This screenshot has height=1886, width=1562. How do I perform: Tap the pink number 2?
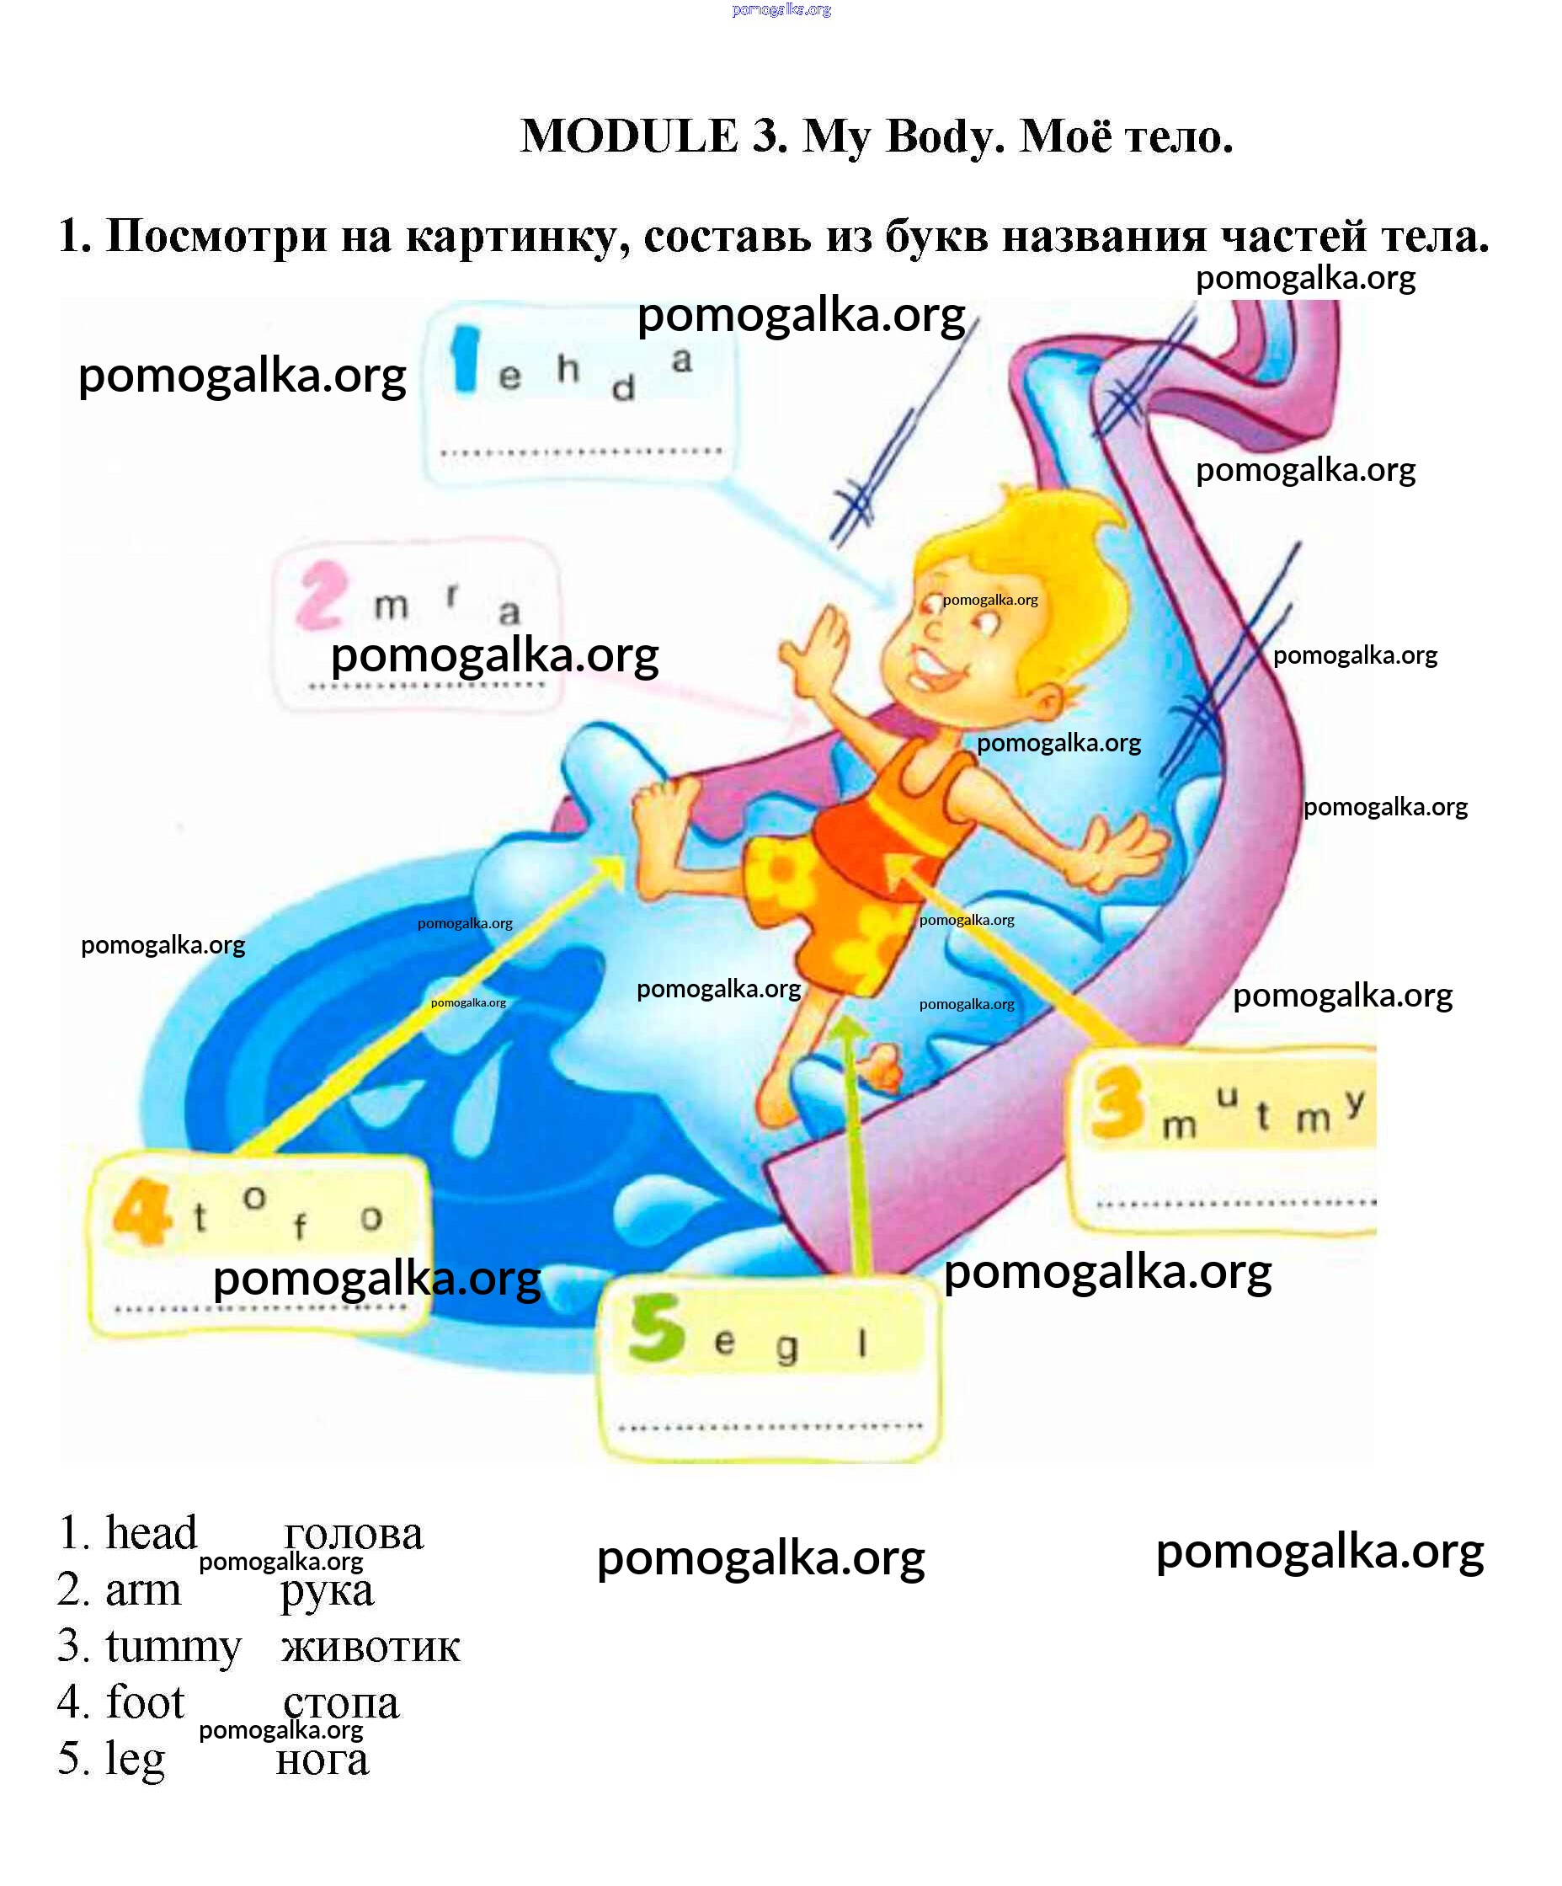322,596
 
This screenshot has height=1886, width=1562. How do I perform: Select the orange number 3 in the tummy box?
1117,1104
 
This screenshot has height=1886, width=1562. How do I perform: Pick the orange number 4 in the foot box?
141,1213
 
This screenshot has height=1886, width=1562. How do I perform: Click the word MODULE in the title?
628,136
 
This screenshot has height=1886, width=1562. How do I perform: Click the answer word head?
151,1533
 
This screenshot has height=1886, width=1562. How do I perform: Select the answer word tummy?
173,1646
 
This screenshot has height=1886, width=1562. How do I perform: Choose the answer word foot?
145,1702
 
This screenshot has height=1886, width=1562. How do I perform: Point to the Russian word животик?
370,1647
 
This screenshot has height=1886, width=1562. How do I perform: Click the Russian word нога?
323,1760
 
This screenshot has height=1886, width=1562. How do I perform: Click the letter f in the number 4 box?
300,1225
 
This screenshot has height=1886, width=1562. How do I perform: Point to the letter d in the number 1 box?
623,389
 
